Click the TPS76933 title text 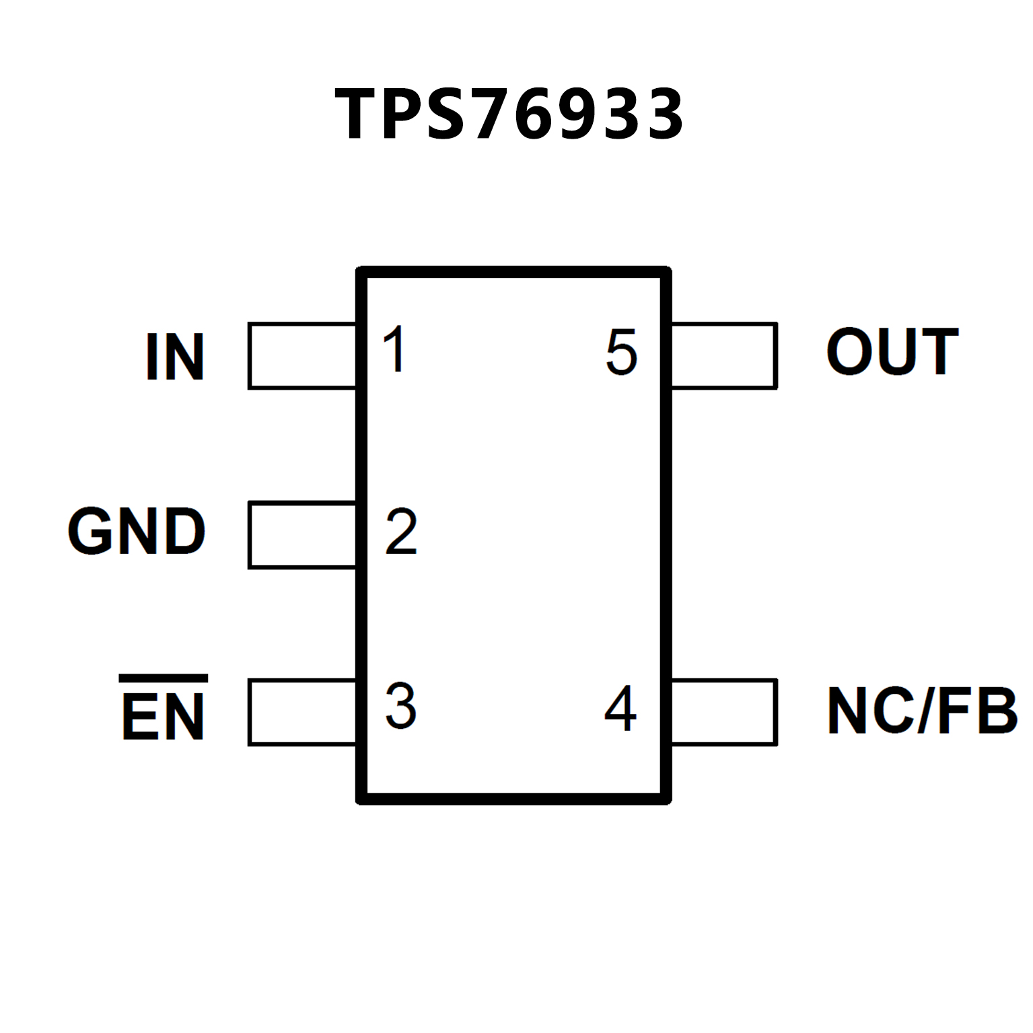tap(509, 114)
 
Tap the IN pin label tap(175, 357)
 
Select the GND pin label tap(137, 532)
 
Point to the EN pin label tap(164, 716)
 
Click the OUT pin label tap(892, 351)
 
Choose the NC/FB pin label tap(922, 711)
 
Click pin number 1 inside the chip tap(394, 349)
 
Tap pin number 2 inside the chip tap(401, 532)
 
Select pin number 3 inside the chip tap(401, 706)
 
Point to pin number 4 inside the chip tap(620, 708)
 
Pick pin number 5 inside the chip tap(621, 352)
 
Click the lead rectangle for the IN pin tap(302, 356)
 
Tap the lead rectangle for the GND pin tap(302, 535)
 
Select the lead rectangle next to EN tap(302, 713)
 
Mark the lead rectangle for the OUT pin tap(724, 356)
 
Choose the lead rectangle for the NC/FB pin tap(724, 713)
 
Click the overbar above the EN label tap(164, 678)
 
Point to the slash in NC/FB tap(925, 711)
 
